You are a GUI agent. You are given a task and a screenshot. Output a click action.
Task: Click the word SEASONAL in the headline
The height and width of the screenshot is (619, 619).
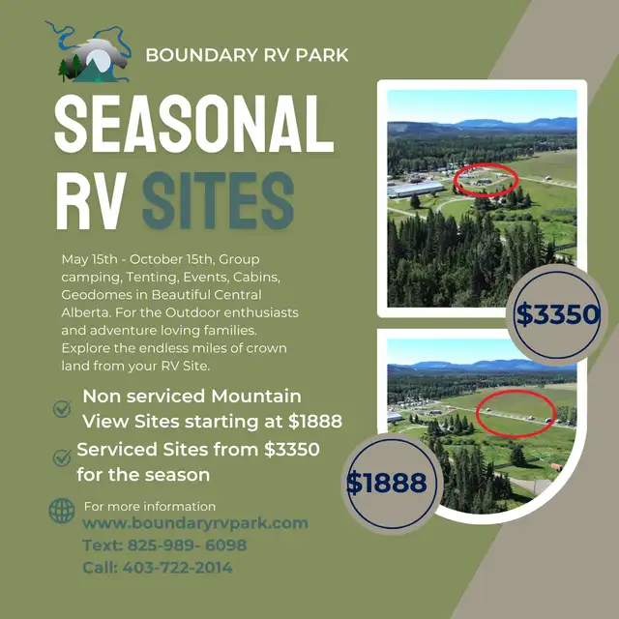coord(194,124)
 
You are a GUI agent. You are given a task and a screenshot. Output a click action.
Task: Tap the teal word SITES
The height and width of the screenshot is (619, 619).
coord(219,200)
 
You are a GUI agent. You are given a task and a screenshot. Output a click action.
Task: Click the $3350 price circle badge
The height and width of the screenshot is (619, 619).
coord(557,314)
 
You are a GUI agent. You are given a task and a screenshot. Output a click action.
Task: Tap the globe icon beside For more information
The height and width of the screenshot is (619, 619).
coord(62,511)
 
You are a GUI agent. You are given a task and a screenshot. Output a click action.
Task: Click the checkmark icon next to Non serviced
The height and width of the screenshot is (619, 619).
coord(62,408)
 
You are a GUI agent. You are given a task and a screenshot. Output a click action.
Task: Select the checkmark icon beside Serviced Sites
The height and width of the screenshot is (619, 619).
coord(62,457)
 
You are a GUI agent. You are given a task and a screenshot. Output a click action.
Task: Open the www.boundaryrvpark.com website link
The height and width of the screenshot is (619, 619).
coord(195,523)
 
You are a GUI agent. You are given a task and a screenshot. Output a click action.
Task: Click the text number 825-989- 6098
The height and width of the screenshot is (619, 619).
coord(187,545)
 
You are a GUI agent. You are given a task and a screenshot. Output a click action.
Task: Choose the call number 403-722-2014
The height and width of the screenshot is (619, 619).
coord(177,568)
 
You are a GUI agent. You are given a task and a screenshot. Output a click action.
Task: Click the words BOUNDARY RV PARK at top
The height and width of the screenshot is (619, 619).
coord(248,55)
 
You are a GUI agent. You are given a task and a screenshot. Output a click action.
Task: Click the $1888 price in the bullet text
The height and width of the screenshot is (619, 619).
coord(315,422)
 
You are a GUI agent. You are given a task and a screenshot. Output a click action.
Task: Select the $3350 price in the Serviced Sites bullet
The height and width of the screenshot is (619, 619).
coord(292,449)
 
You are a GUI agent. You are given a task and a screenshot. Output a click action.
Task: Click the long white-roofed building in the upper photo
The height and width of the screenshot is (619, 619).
coord(416,190)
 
